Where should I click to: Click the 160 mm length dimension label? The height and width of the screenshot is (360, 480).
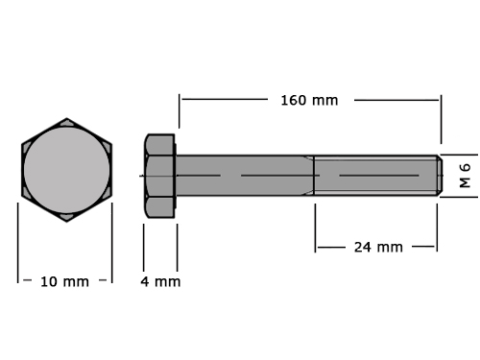309,101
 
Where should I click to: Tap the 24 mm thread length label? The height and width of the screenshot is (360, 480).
378,247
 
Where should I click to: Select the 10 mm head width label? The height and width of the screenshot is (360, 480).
64,281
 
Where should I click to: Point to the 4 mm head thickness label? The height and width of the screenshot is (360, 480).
160,281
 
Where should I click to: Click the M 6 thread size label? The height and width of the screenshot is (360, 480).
465,176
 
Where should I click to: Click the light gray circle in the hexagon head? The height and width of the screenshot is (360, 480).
66,170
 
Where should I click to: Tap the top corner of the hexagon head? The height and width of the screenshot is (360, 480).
66,118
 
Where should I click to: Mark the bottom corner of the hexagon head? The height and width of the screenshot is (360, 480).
66,222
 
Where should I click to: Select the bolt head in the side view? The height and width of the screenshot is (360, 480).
159,176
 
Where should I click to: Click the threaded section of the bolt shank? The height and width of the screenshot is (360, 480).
375,176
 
